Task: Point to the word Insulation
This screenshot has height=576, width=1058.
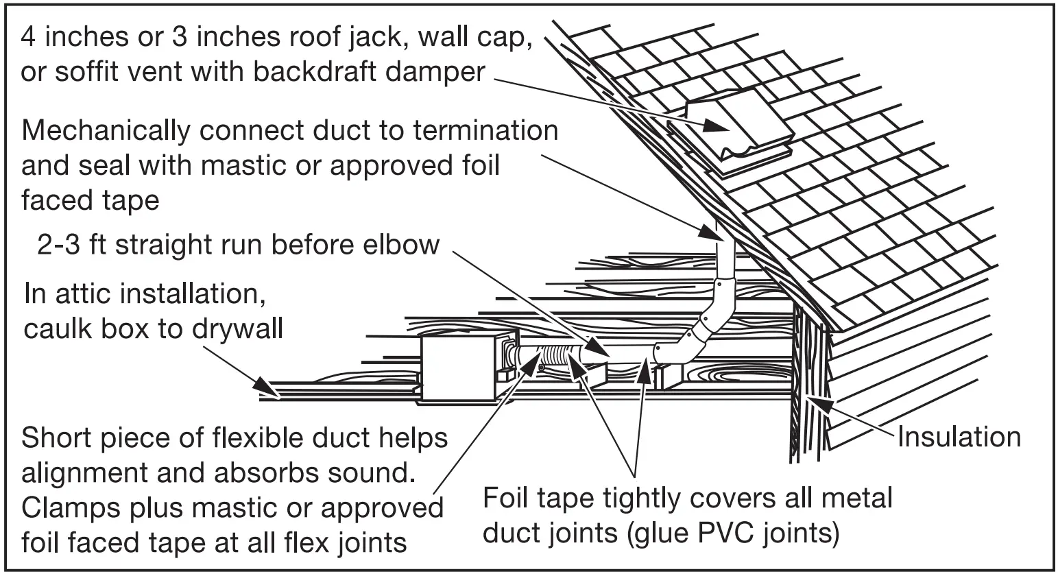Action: [x=959, y=437]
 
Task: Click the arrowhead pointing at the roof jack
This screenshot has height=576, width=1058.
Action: [x=713, y=126]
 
